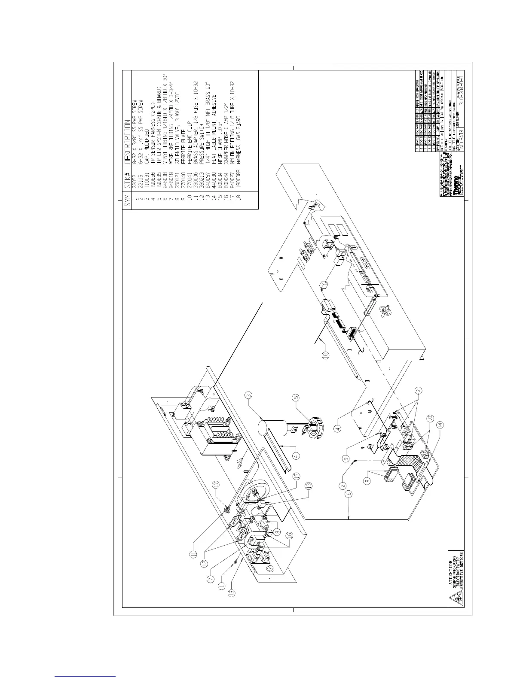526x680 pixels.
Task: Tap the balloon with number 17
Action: tap(216, 484)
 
